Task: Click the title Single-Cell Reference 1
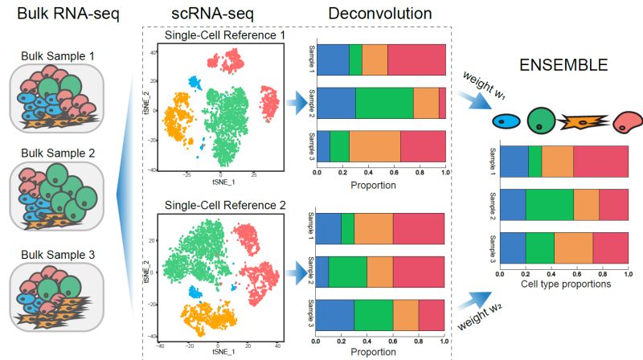coord(224,36)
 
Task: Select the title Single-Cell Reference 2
coord(225,204)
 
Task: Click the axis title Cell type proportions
coord(563,284)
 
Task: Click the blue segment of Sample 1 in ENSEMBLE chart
coord(514,162)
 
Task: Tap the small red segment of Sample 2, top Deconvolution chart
coord(442,103)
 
